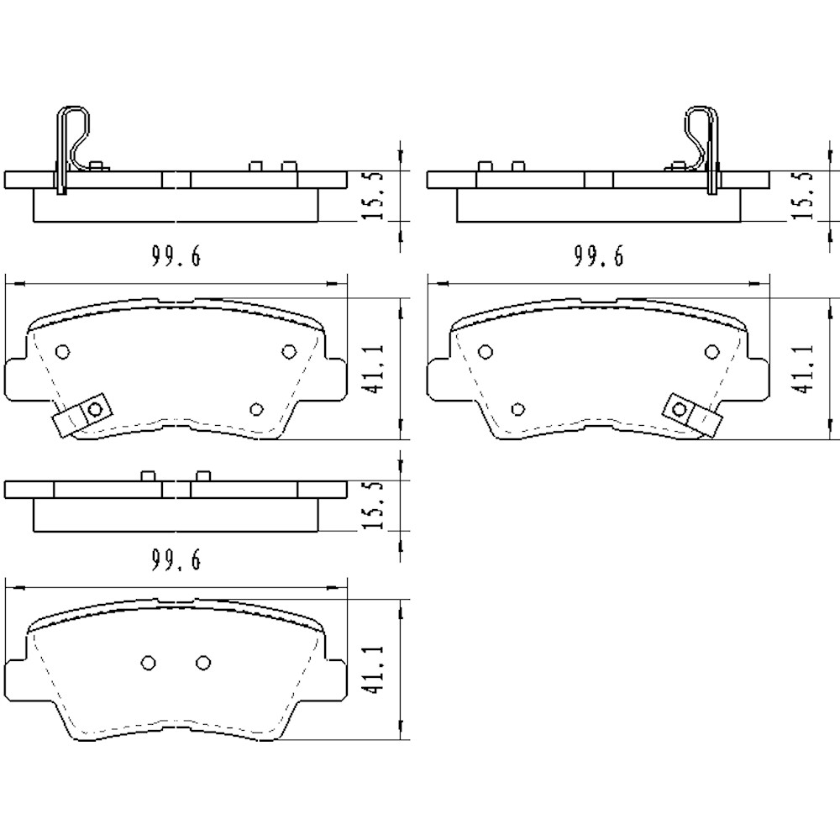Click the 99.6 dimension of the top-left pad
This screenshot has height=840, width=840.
click(176, 258)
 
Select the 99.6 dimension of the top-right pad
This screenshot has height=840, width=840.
click(599, 258)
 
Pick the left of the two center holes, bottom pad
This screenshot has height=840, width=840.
click(148, 663)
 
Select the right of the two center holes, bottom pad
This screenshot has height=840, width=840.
click(202, 663)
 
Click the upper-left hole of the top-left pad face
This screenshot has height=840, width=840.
click(62, 352)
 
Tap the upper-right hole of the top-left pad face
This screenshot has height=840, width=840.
click(289, 351)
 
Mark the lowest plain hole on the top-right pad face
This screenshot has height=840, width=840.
click(518, 409)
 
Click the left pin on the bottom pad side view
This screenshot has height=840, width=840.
click(148, 476)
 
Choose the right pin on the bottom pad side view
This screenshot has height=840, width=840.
click(202, 476)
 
